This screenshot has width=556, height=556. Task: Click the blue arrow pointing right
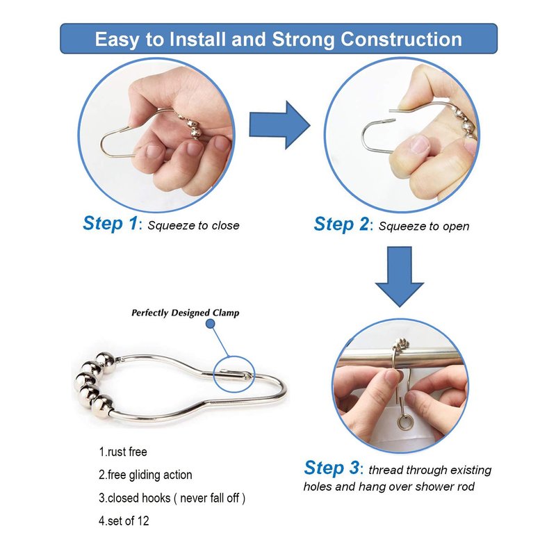[279, 125]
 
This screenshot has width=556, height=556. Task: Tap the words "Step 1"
[110, 224]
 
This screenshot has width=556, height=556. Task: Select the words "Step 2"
[341, 224]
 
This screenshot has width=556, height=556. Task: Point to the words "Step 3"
[332, 468]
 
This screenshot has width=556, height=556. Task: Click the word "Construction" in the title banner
[402, 40]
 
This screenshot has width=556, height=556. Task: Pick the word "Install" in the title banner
[197, 39]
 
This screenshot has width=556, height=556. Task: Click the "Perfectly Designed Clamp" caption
[185, 313]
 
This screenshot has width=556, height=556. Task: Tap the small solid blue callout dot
[211, 323]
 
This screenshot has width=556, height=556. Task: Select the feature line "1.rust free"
[123, 452]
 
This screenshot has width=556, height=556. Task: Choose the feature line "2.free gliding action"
[145, 475]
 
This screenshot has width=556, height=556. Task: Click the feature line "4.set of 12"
[124, 521]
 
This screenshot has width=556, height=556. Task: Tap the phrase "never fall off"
[210, 498]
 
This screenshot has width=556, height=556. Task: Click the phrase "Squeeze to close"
[194, 225]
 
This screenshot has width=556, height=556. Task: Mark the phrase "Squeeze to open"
[424, 227]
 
